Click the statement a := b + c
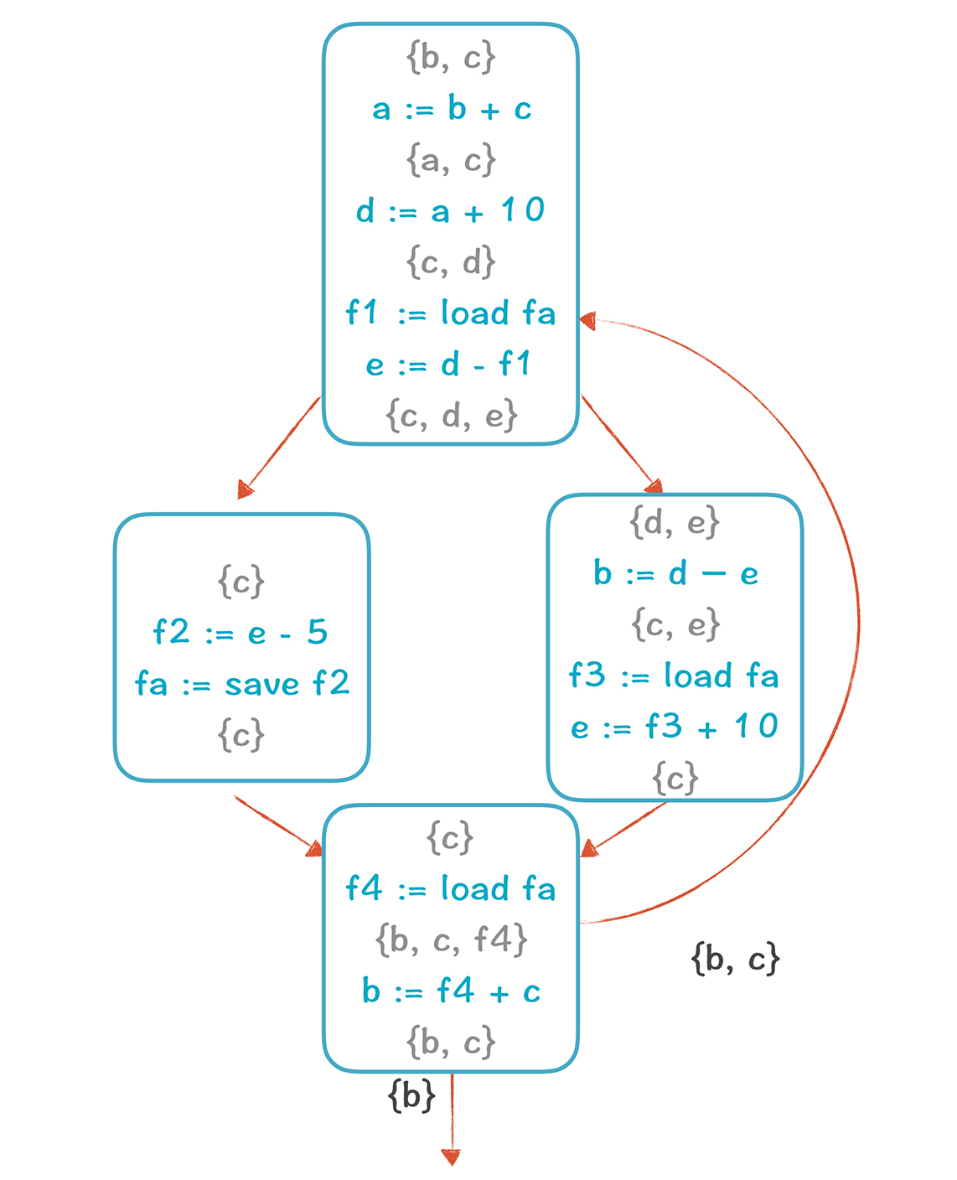coord(452,109)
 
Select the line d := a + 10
coord(451,210)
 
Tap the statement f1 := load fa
coord(451,313)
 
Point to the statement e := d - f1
coord(449,365)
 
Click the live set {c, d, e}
coord(451,415)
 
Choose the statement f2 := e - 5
coord(241,632)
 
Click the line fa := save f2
coord(242,684)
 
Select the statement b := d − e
coord(675,574)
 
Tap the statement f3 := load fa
coord(675,675)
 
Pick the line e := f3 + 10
coord(675,727)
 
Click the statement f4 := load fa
coord(451,888)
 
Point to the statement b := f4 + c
coord(451,991)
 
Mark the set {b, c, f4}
coord(451,940)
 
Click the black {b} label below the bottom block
coord(411,1095)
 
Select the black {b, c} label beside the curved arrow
coord(736,958)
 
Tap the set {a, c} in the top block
coord(451,160)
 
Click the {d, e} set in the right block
coord(675,523)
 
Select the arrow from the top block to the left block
coord(281,445)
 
